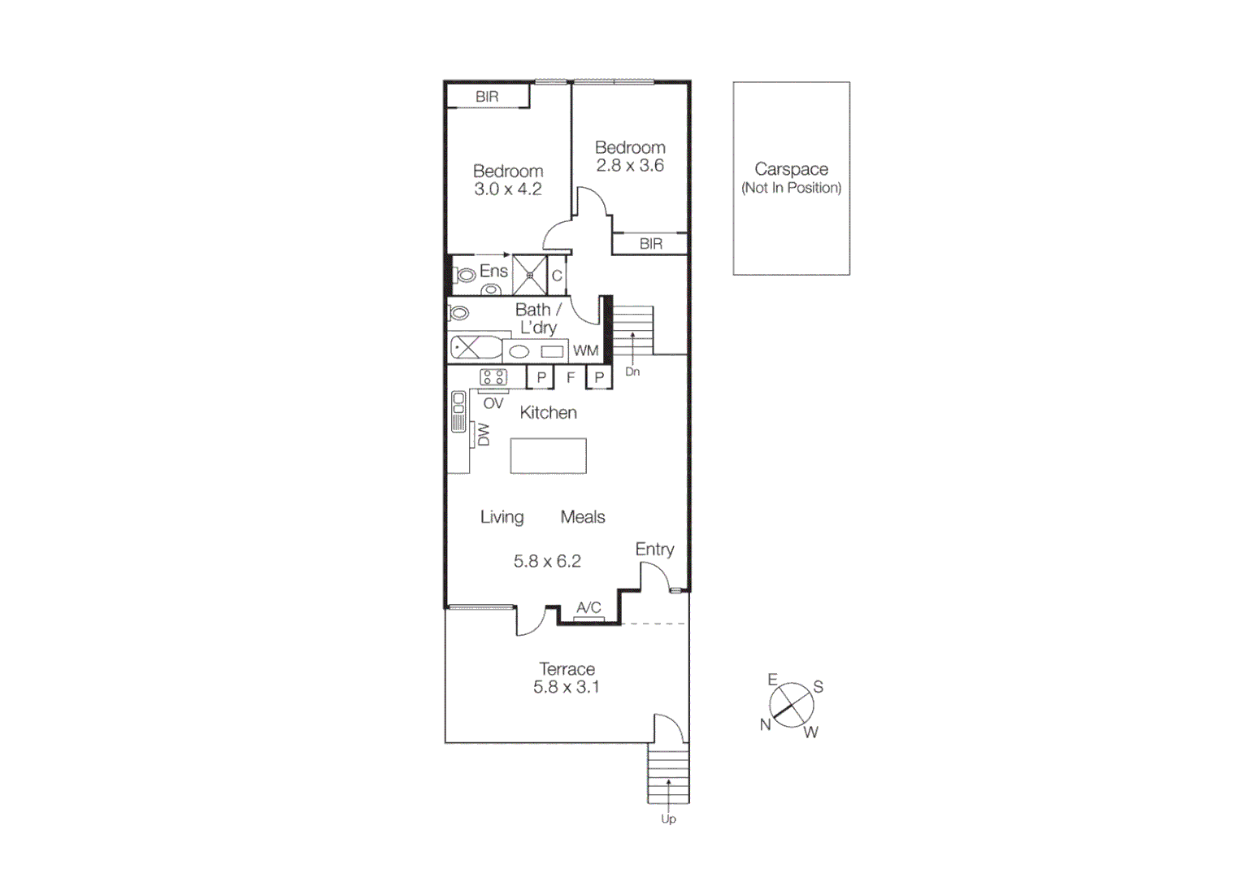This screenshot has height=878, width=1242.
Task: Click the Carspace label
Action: [x=791, y=169]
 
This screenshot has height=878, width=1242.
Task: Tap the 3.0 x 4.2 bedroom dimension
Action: [x=508, y=189]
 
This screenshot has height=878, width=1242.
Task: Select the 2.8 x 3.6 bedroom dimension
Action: [x=630, y=166]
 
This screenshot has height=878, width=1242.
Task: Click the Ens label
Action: [x=493, y=271]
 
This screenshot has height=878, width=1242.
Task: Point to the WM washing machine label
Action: [x=585, y=351]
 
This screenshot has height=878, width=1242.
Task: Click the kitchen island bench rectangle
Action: [x=548, y=456]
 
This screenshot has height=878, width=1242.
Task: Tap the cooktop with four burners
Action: [x=493, y=376]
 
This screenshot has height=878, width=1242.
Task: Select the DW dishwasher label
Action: [x=484, y=434]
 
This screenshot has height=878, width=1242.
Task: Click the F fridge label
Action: [x=571, y=377]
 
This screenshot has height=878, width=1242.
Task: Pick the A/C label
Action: [x=588, y=607]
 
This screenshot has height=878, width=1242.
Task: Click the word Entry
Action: [x=654, y=550]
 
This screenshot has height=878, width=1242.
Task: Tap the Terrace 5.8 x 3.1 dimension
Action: [x=567, y=687]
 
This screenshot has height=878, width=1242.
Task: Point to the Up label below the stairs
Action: [x=668, y=819]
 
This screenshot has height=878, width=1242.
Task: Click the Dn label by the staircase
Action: [x=632, y=372]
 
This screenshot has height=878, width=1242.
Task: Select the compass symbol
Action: [x=791, y=705]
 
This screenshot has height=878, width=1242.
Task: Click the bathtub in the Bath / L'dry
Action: [x=476, y=348]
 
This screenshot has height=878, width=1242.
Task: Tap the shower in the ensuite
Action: [x=530, y=275]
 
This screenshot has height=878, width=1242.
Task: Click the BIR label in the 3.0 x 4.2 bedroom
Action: [x=487, y=97]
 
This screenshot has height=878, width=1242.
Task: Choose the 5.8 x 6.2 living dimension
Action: [x=547, y=561]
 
